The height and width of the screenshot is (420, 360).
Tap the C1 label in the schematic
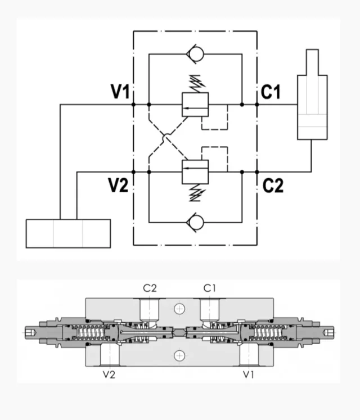coord(271,92)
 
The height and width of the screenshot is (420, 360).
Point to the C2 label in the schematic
coord(273,185)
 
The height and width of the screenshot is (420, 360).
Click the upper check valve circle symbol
coord(195,55)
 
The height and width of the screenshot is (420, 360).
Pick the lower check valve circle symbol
coord(195,222)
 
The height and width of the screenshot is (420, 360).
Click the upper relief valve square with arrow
coord(195,105)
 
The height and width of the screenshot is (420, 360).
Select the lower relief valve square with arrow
coord(195,171)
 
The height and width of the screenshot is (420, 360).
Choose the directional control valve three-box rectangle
coord(68,233)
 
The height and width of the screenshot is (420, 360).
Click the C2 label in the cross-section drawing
coord(150,288)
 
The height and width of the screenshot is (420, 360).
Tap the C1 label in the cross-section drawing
coord(210,288)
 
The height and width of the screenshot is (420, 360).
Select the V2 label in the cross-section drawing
coord(109,374)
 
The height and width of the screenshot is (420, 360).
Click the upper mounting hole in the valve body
coord(179,308)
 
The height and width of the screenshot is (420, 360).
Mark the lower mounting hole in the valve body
coord(179,354)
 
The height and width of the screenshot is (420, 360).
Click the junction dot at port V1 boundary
coord(133,105)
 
